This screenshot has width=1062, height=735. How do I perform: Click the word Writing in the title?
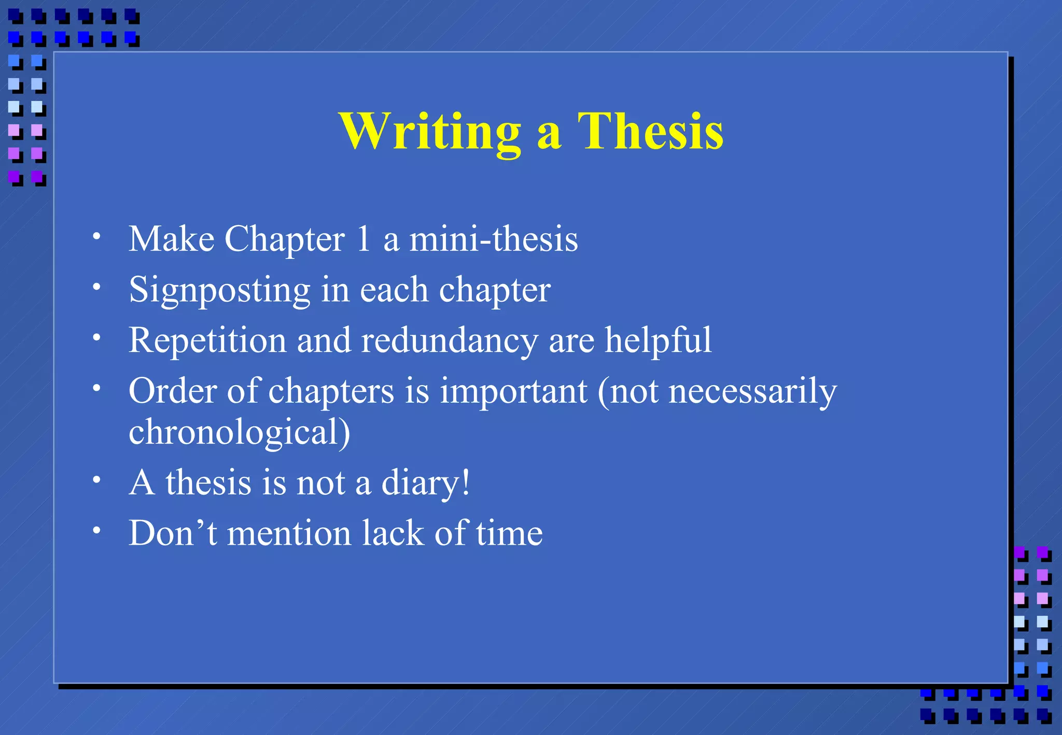pos(430,132)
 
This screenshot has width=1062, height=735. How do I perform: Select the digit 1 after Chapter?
pos(364,239)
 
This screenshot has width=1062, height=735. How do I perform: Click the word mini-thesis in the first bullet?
pos(494,239)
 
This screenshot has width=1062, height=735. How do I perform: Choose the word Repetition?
pos(207,341)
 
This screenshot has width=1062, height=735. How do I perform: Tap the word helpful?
pos(658,341)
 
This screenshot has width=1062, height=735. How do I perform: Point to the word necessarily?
pos(752,392)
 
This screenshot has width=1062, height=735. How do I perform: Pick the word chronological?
pos(239,432)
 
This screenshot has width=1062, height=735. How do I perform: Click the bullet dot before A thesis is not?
pos(96,480)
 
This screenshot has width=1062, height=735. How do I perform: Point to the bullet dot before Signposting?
pos(96,287)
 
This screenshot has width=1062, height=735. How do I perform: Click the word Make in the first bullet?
pos(172,239)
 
